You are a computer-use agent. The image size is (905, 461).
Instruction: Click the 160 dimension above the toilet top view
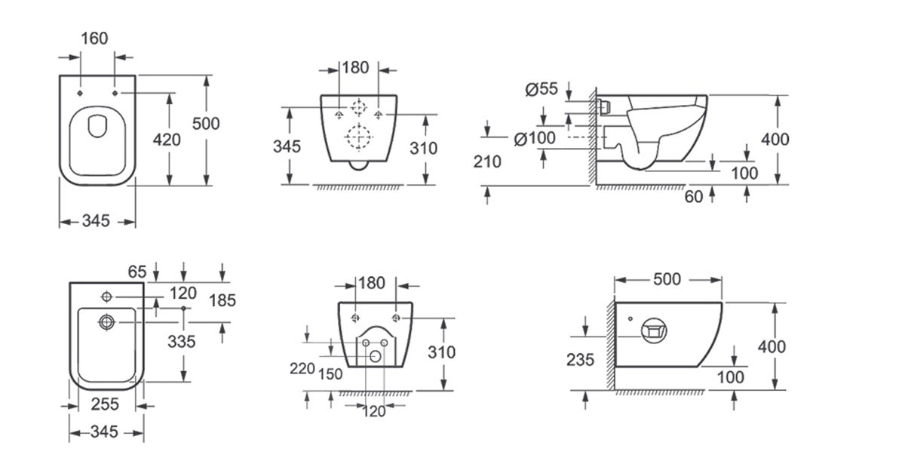(94, 38)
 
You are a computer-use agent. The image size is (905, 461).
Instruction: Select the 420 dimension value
(167, 140)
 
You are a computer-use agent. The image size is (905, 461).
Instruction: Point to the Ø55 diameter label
(541, 89)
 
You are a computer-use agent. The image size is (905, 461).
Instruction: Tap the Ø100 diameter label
(535, 139)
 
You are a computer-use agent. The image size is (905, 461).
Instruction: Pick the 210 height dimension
(487, 162)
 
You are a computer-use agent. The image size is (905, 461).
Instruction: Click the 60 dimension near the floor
(694, 197)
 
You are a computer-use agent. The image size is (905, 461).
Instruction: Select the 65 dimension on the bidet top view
(137, 272)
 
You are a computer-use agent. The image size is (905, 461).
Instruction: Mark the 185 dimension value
(222, 300)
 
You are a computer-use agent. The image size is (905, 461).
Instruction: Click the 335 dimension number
(182, 342)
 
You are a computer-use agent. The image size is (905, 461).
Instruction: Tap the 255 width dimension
(105, 404)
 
